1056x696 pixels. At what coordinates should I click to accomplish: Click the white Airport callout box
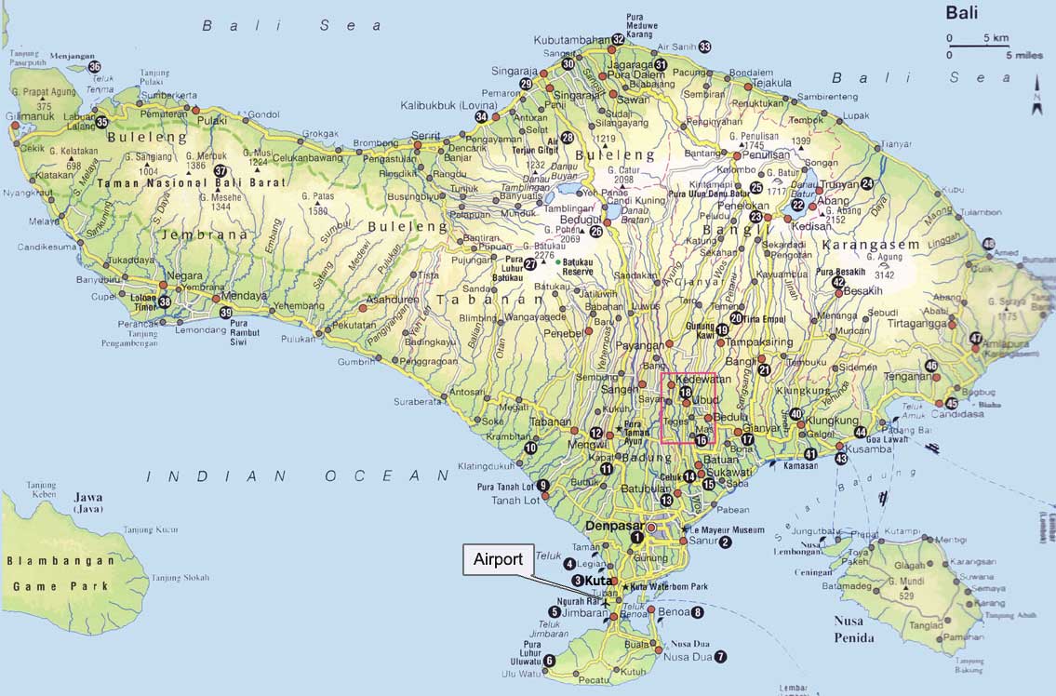[498, 559]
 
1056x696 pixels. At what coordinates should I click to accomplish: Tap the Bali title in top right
[963, 12]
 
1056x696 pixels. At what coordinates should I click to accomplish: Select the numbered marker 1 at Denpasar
[637, 537]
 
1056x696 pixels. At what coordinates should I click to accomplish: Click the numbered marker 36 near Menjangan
[94, 67]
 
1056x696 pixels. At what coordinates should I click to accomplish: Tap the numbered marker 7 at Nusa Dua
[720, 657]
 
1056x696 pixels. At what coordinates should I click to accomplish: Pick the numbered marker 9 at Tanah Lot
[543, 486]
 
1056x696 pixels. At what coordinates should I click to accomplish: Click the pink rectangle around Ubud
[688, 408]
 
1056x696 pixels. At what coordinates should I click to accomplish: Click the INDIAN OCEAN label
[297, 476]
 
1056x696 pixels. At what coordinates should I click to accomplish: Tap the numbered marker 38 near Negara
[165, 301]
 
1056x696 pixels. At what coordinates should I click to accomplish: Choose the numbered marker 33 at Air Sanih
[704, 47]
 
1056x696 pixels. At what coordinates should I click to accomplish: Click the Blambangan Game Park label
[60, 573]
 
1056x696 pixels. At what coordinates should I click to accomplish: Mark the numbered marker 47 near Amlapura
[975, 339]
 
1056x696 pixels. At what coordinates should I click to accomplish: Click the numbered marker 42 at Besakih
[838, 283]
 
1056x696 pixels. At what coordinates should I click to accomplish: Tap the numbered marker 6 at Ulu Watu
[549, 661]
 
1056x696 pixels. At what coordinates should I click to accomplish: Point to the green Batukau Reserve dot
[558, 262]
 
